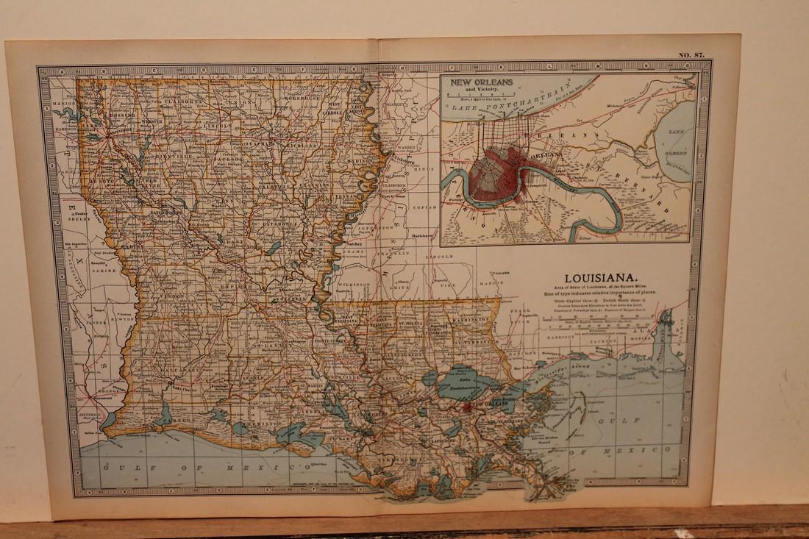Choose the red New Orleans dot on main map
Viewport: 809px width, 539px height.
(x=466, y=404)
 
